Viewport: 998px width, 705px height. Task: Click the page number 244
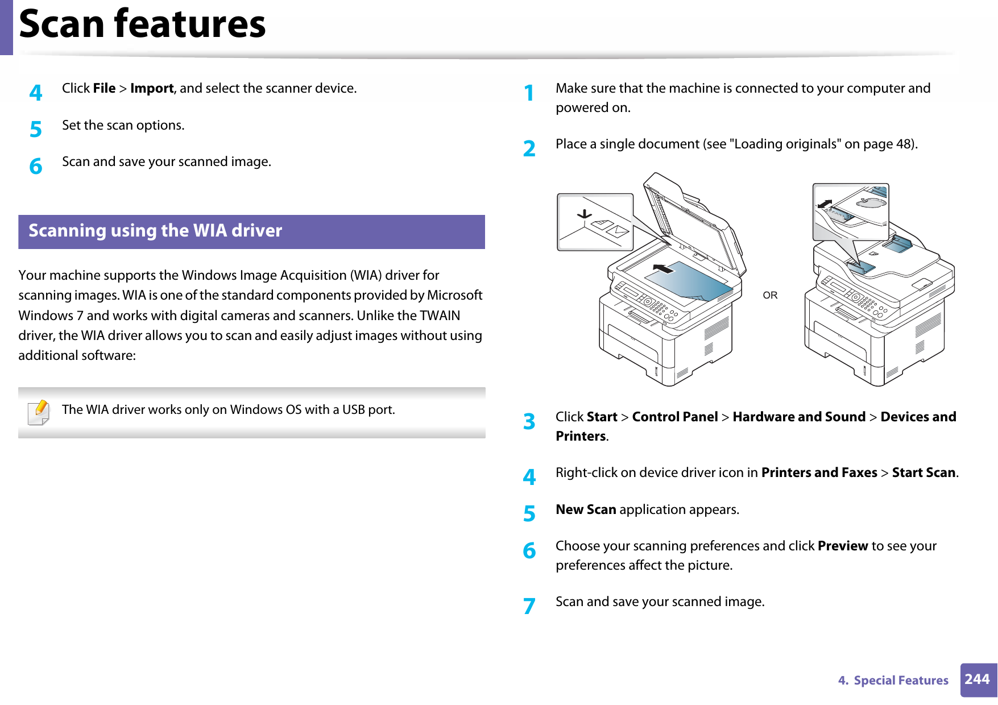click(x=977, y=679)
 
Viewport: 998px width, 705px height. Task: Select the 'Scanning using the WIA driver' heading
click(x=155, y=231)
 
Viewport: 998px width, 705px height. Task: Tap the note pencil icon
click(x=39, y=412)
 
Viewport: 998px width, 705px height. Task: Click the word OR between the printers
click(x=770, y=295)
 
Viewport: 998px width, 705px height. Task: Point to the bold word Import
click(x=152, y=89)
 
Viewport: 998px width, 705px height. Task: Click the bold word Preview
click(x=842, y=546)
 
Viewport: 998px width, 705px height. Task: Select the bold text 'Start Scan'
click(x=924, y=472)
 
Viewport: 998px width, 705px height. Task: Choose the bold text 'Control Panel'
click(x=675, y=417)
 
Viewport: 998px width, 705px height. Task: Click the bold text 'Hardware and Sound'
click(x=798, y=417)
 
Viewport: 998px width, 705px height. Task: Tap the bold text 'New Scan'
click(x=586, y=509)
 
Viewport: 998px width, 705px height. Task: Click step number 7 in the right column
click(x=529, y=606)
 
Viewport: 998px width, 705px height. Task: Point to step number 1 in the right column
click(x=529, y=93)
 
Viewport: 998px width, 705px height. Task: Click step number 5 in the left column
click(x=36, y=130)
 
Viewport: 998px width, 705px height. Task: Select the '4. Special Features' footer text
click(x=893, y=681)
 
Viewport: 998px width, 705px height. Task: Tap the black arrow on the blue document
click(x=663, y=268)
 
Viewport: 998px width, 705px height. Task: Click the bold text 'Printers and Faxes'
click(x=819, y=472)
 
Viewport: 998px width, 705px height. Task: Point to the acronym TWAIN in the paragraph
click(x=439, y=316)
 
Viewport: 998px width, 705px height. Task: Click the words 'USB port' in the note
click(x=368, y=410)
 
